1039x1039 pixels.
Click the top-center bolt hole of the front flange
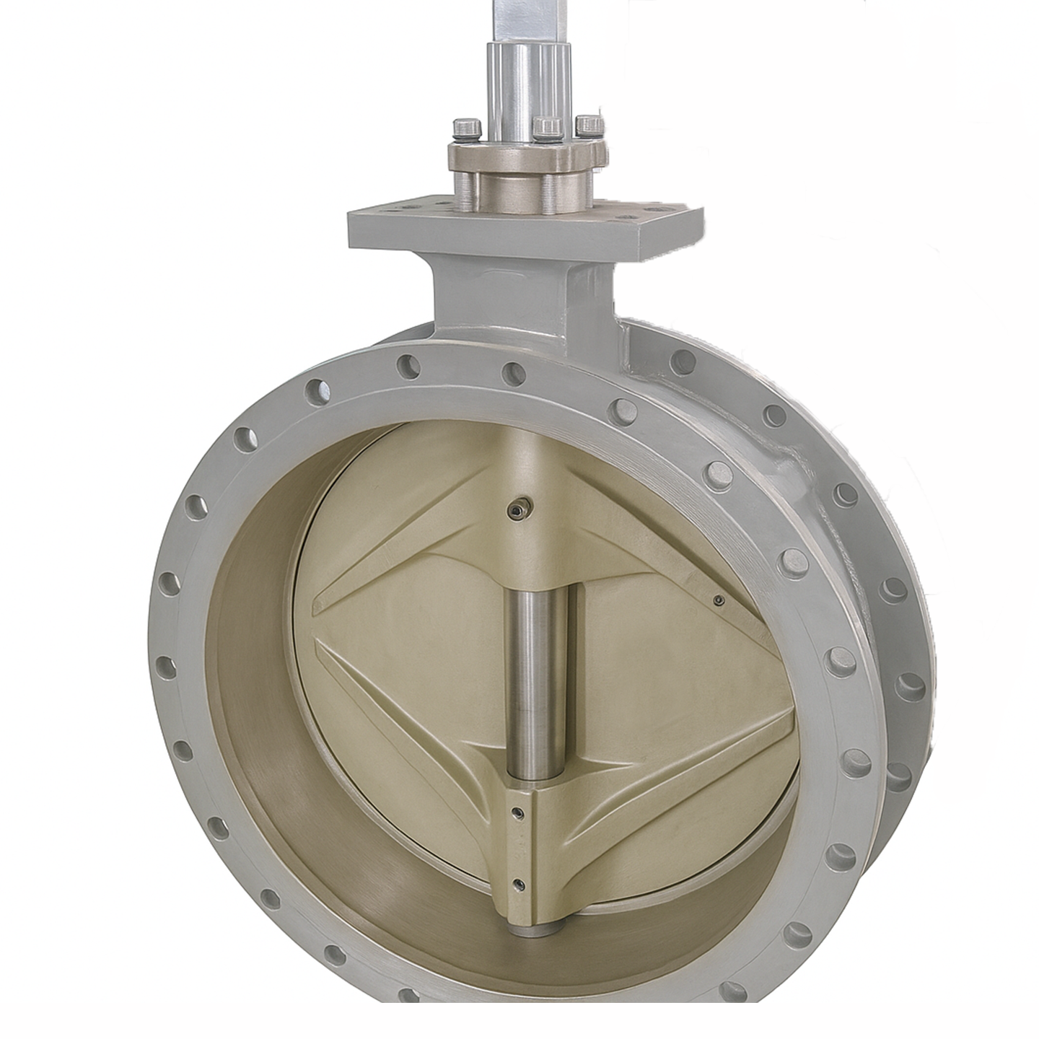513,372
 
